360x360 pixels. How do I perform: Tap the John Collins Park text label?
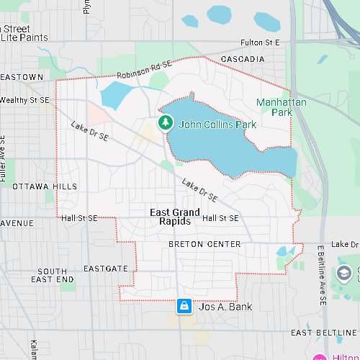tap(217, 125)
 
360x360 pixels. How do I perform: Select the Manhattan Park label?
tap(282, 107)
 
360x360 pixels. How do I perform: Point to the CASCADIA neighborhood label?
tap(242, 58)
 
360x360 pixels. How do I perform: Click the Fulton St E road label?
tap(258, 43)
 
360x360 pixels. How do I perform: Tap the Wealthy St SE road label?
tap(24, 100)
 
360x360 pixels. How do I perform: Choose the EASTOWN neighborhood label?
tap(22, 77)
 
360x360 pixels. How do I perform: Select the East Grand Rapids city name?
tap(175, 217)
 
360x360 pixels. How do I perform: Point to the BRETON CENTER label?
tap(204, 245)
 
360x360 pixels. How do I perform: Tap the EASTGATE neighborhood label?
tap(106, 269)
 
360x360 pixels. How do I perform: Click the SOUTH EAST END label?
tap(52, 275)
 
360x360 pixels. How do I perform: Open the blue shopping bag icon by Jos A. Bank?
tap(184, 307)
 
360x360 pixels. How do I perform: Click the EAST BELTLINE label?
tap(324, 333)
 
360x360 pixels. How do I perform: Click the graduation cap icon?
tap(344, 273)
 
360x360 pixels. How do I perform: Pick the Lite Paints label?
tap(24, 37)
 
